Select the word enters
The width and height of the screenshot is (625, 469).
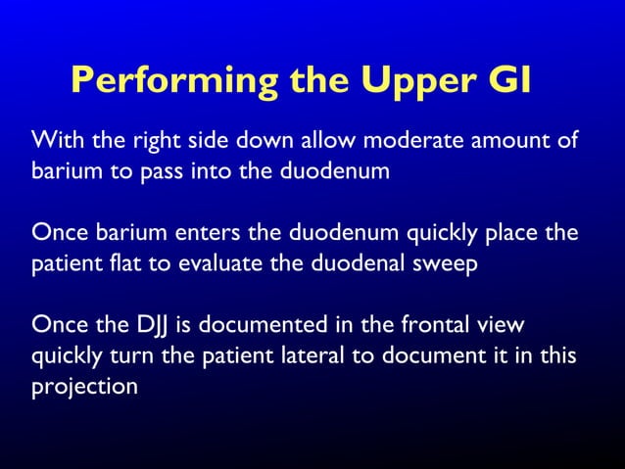208,236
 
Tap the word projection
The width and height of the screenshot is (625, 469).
84,387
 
